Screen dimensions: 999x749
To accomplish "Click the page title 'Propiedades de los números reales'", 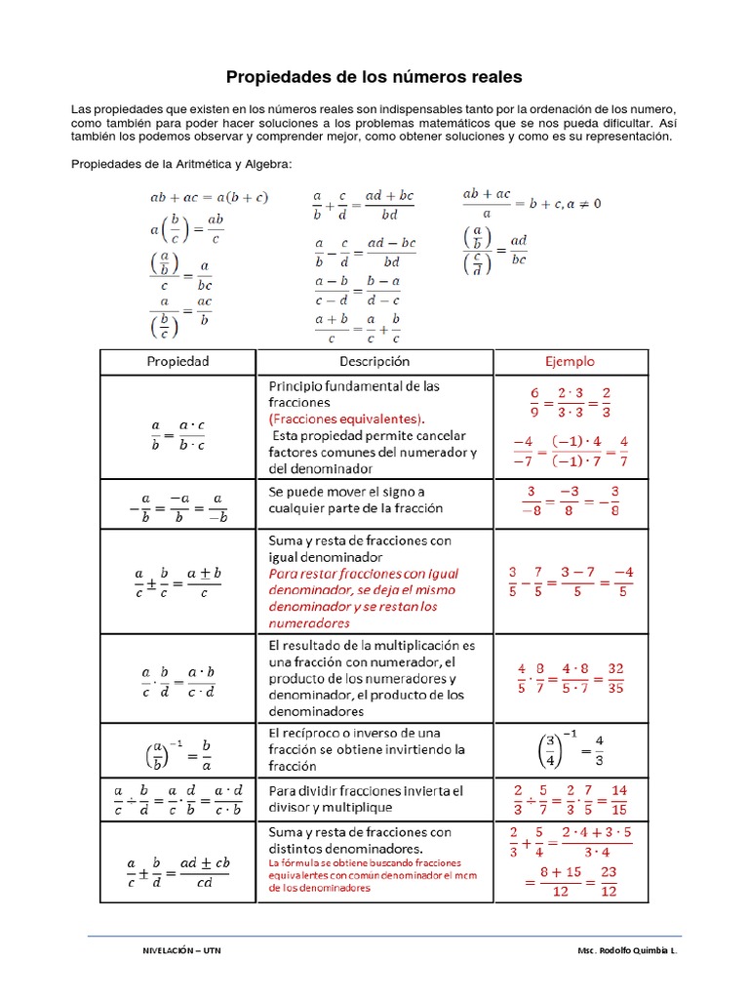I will [374, 76].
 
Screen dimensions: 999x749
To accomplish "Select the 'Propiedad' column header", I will [177, 361].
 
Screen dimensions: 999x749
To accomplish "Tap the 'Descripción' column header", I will [374, 361].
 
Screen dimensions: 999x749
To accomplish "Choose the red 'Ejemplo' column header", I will [569, 361].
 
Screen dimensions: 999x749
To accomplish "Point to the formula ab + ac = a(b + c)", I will [209, 197].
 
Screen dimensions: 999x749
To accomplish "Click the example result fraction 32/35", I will [615, 678].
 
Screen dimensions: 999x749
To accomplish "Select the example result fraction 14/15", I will [619, 799].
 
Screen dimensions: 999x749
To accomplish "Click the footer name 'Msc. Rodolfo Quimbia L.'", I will [626, 949].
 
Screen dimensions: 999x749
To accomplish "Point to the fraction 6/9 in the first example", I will [533, 401].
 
